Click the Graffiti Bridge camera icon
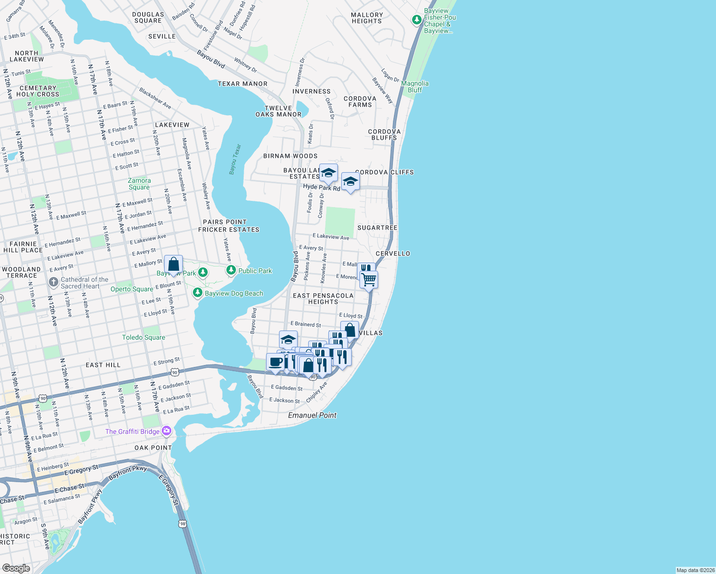coord(167,431)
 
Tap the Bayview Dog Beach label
coord(234,293)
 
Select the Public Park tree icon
coord(231,270)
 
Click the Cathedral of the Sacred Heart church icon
coord(54,282)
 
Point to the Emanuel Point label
coord(312,415)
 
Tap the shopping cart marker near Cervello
coord(369,279)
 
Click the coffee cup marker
coord(275,362)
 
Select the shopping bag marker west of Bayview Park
coord(173,264)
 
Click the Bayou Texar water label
coord(235,159)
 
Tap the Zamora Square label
coord(139,184)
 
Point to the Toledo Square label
coord(144,337)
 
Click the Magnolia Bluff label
coord(414,87)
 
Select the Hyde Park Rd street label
coord(321,188)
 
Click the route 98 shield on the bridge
coord(183,524)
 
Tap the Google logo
coord(16,568)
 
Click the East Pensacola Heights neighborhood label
coord(323,298)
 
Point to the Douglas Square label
coord(148,18)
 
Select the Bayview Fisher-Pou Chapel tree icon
coord(417,20)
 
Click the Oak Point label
coord(153,448)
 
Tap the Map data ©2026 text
coord(695,570)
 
